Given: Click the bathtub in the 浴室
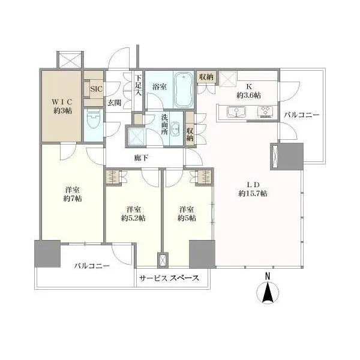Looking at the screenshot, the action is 184,90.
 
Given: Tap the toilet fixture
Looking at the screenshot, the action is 93,122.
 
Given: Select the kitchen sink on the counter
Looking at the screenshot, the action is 236,112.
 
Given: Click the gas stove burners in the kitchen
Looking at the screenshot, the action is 266,112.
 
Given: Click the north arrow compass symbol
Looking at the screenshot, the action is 268,289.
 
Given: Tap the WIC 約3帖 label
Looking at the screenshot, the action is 62,106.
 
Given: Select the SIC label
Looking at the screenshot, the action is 96,89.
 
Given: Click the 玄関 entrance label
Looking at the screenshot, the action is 115,103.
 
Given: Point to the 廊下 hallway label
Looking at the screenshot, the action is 141,158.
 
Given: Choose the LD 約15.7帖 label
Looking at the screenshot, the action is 253,189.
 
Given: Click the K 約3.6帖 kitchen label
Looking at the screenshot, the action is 248,91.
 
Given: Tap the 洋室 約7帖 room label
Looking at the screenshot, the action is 73,194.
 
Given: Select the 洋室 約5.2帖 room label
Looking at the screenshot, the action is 133,214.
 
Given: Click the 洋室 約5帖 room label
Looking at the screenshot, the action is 187,214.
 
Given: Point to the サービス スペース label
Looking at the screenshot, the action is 169,278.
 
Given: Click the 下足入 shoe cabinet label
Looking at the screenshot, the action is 138,85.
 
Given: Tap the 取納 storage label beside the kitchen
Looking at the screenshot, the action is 206,77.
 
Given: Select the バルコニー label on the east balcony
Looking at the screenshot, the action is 301,115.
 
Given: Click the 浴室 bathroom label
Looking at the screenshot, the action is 160,87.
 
